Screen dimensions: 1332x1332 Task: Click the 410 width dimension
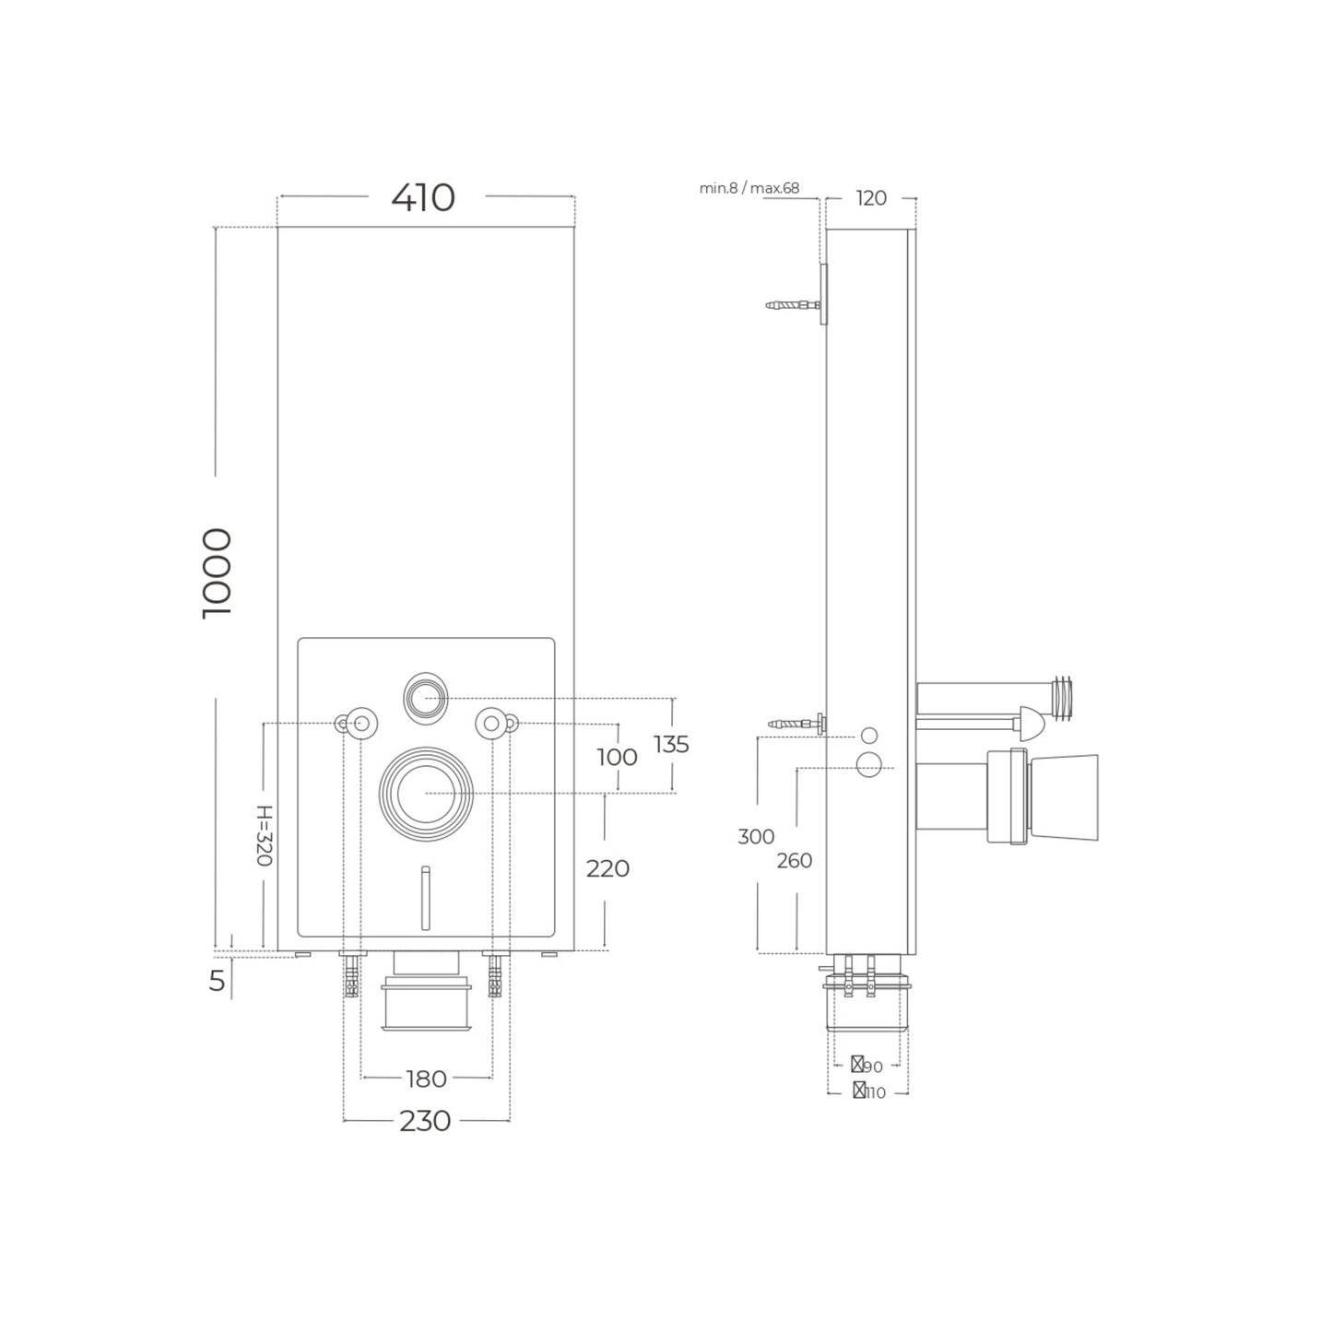423,198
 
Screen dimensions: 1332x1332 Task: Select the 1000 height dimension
217,573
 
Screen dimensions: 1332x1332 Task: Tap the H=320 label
264,836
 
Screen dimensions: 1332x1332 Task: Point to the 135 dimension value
670,744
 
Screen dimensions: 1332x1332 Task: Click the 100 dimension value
617,757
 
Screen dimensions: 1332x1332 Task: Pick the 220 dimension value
607,868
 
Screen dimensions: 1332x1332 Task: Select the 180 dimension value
426,1079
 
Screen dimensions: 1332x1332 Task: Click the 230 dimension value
425,1121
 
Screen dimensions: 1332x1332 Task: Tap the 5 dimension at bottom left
217,982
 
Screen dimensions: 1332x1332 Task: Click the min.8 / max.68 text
749,189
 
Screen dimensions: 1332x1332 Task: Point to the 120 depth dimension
871,198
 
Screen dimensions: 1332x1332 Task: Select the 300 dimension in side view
756,837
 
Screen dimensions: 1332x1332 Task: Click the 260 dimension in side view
794,861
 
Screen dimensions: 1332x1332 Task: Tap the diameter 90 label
867,1067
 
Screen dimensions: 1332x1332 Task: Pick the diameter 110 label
869,1092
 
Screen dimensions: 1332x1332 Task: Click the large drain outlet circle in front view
426,793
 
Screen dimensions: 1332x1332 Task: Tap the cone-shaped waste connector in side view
1060,798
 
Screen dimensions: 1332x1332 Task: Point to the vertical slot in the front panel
425,897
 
